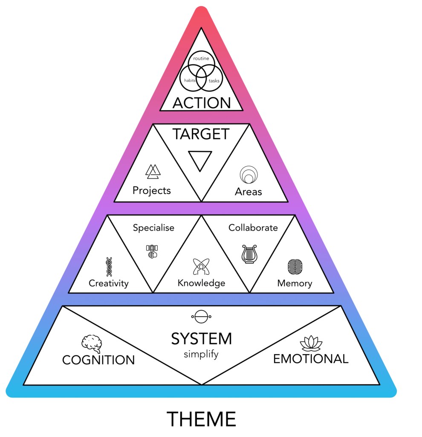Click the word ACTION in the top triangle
(x=201, y=103)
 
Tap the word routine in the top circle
(x=200, y=58)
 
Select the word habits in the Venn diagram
(x=189, y=80)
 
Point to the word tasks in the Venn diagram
(x=214, y=80)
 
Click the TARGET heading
(x=201, y=134)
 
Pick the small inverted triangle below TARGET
(x=200, y=160)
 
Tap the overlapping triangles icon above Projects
(x=152, y=171)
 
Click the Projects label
(x=152, y=190)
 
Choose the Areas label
(x=248, y=192)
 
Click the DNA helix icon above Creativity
(x=109, y=267)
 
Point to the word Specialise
(x=153, y=228)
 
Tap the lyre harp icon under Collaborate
(x=249, y=254)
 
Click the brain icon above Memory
(x=295, y=267)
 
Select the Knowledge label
(x=201, y=283)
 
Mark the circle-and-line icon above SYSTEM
(x=201, y=317)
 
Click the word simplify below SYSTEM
(x=201, y=355)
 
